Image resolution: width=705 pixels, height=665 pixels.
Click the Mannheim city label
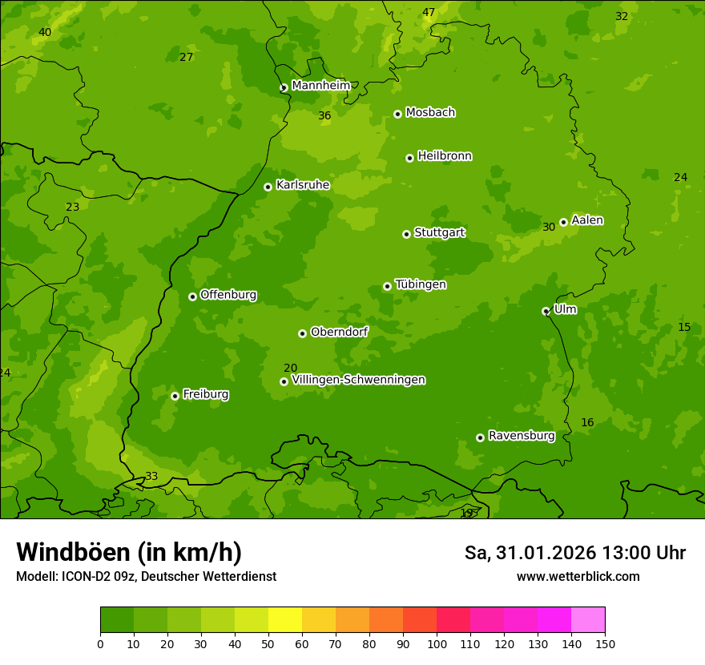(x=320, y=86)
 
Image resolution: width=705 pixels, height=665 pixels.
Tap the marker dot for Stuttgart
(x=406, y=234)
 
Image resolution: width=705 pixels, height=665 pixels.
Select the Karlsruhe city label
(x=303, y=185)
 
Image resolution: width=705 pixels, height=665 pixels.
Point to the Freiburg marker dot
(x=175, y=396)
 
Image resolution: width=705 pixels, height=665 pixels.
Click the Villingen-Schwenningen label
(x=358, y=380)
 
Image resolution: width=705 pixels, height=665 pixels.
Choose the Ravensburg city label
(x=522, y=436)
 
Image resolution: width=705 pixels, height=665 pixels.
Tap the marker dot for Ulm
(x=546, y=311)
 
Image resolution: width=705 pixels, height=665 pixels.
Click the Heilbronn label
(x=445, y=156)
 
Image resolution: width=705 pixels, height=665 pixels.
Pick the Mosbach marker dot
(x=397, y=114)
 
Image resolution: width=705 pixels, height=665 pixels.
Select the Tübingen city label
(x=421, y=284)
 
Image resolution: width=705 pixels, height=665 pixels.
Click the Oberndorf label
(x=340, y=332)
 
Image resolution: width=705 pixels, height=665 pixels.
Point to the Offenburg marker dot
(x=192, y=296)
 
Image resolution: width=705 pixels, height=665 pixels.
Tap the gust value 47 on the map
(x=429, y=13)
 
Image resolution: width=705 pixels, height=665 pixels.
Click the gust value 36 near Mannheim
(x=324, y=116)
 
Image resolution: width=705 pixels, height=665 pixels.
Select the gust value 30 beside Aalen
(x=549, y=228)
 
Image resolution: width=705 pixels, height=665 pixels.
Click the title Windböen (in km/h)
(x=129, y=552)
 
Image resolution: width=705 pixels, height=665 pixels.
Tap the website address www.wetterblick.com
(x=578, y=576)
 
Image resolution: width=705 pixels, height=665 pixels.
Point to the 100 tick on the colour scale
(x=437, y=643)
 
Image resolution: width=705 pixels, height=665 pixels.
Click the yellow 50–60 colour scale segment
(x=285, y=619)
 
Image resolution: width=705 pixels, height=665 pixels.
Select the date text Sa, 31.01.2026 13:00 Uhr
(x=574, y=553)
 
